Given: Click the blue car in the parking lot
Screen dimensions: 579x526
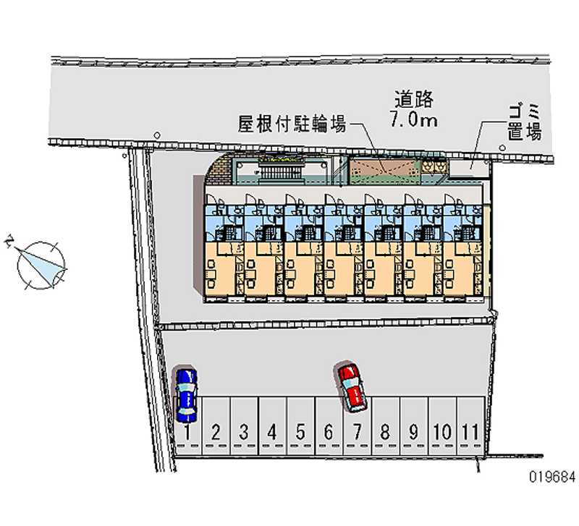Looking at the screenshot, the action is click(187, 394).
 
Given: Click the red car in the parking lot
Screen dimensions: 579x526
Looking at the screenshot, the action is click(352, 387).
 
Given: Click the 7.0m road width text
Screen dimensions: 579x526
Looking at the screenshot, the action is click(413, 119).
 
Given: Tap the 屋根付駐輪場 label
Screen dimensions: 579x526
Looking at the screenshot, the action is click(291, 124).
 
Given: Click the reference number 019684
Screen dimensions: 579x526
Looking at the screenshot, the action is click(551, 477).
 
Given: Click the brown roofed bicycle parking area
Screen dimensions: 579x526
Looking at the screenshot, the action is click(384, 169).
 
